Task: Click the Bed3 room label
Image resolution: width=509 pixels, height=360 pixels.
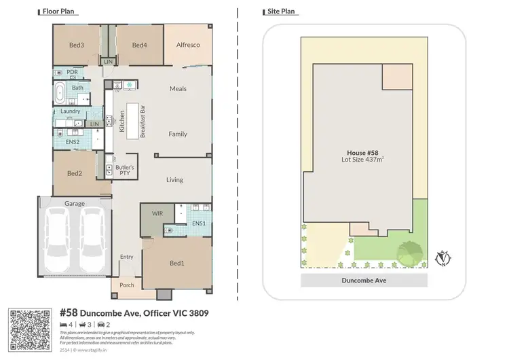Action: coord(77,46)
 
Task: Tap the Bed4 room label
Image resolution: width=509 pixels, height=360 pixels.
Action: coord(139,46)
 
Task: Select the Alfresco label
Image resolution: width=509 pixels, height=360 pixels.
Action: coord(188,46)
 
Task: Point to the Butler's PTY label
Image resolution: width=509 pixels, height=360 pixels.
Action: coord(124,170)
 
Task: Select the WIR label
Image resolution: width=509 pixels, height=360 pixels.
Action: coord(157,213)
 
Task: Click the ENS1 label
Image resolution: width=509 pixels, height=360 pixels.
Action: coord(198,223)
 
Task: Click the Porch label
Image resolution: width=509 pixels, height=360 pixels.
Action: coord(127,285)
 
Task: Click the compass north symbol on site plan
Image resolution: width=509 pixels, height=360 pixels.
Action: coord(445,259)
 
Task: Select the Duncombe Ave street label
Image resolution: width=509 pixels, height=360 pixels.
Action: coord(364,280)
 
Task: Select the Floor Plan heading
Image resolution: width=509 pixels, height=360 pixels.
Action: coord(58,12)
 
